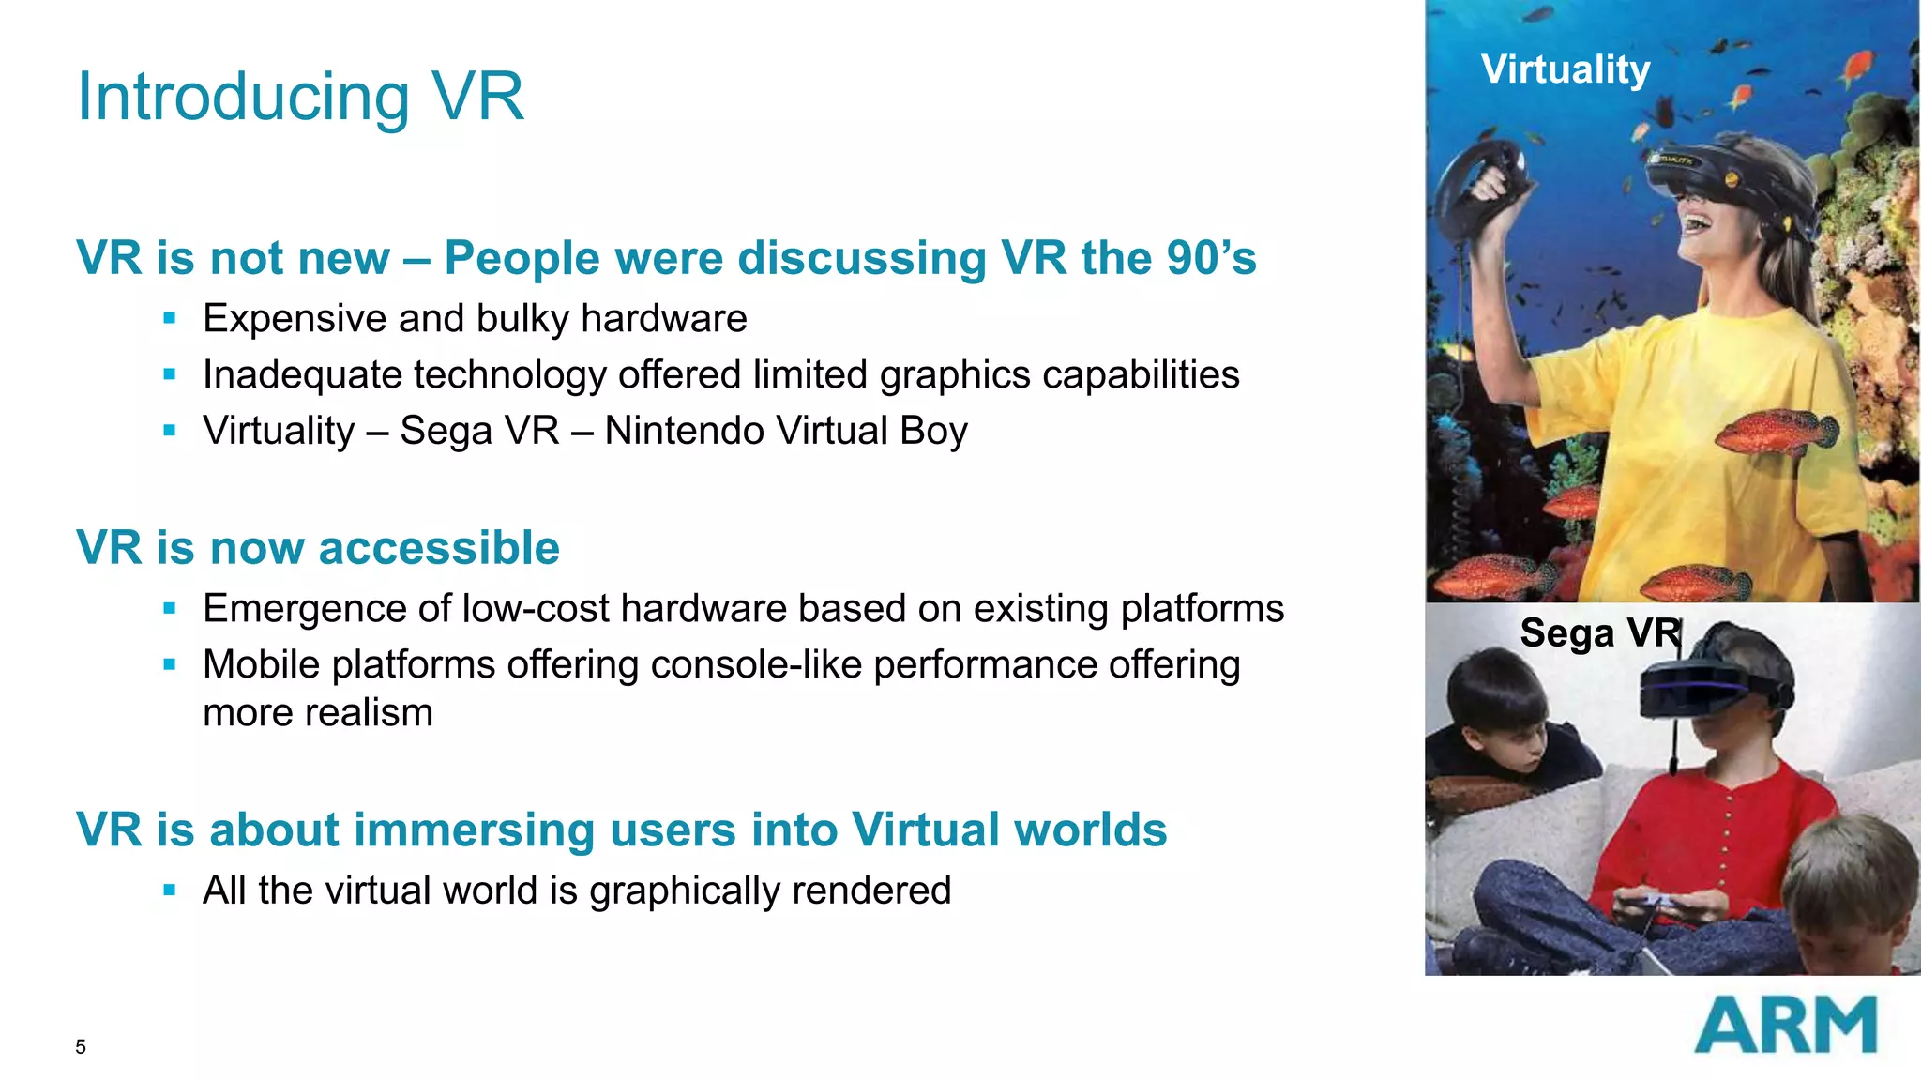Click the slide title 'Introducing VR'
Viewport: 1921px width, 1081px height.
[300, 97]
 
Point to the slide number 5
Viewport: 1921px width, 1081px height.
[81, 1047]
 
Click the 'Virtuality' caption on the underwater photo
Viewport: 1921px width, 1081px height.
[1566, 69]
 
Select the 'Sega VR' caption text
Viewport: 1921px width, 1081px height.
[1599, 632]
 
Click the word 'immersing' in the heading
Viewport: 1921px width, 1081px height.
[474, 830]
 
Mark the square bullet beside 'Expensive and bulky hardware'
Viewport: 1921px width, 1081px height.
[170, 319]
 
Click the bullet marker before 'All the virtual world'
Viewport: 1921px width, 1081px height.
[170, 891]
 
